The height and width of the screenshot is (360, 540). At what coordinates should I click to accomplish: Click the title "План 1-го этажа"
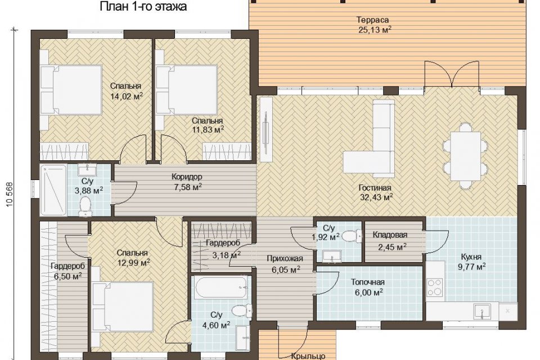(x=143, y=6)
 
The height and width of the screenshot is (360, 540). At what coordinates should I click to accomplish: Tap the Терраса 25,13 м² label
(x=375, y=25)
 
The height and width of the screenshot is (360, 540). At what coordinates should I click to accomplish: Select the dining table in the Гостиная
(x=466, y=156)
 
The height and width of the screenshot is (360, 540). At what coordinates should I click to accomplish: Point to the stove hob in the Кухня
(x=435, y=287)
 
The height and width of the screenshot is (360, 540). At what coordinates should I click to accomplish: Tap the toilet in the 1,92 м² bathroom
(x=351, y=236)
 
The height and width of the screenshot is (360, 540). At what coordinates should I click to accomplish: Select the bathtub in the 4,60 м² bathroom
(x=220, y=287)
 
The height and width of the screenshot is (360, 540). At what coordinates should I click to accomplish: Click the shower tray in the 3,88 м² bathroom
(x=53, y=190)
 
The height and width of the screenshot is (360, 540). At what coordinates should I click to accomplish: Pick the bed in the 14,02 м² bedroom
(x=71, y=90)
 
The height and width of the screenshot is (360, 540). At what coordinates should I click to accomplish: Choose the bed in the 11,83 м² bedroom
(x=186, y=90)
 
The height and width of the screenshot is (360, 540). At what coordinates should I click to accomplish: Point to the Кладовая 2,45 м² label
(x=390, y=241)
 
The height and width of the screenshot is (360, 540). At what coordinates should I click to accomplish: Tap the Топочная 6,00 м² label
(x=367, y=287)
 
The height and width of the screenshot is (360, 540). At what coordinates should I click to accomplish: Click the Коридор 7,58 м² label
(x=187, y=182)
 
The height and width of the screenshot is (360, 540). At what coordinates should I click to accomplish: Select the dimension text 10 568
(x=10, y=195)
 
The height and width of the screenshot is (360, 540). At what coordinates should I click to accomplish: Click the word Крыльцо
(x=308, y=356)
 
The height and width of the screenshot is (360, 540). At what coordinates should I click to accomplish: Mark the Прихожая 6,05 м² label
(x=285, y=264)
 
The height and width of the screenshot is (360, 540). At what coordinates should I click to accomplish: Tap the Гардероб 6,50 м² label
(x=68, y=271)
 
